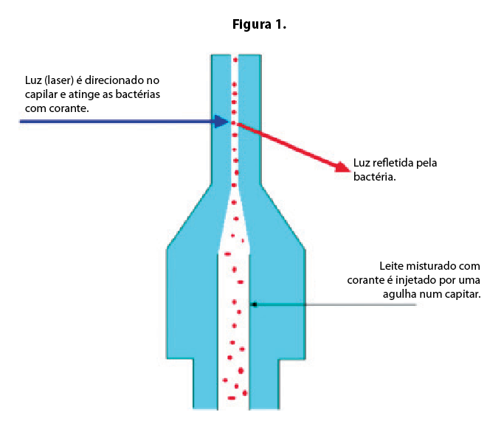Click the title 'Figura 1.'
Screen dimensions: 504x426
coord(259,25)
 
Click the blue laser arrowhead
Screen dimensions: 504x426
coord(221,122)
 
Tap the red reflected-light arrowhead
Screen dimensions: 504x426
coord(342,167)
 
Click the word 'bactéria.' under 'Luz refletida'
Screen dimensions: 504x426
coord(374,177)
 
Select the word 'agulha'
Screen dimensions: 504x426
coord(396,294)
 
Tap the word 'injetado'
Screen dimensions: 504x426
coord(415,280)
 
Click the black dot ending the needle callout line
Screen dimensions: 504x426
coord(255,304)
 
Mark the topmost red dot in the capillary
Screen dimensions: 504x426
coord(235,60)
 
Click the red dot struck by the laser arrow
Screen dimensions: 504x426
coord(234,123)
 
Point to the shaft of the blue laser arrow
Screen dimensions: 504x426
coord(117,122)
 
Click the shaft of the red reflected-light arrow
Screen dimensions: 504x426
coord(286,144)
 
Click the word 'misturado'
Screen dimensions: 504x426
coord(429,266)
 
